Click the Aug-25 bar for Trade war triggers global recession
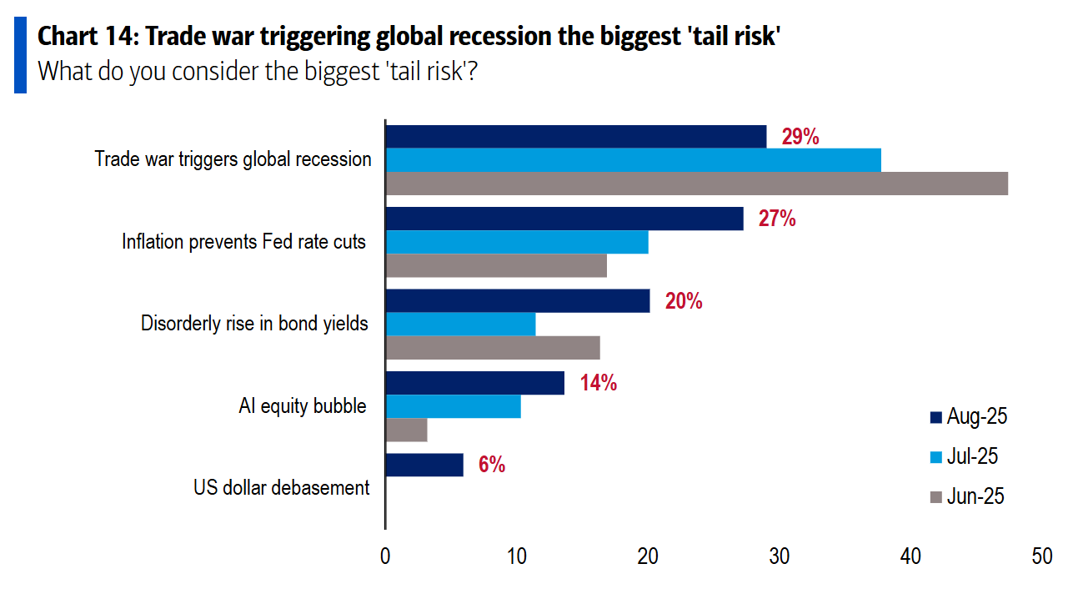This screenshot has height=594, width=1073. click(x=576, y=137)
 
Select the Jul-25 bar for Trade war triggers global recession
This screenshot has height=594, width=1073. click(x=634, y=159)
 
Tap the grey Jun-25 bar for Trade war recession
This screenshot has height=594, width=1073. click(x=697, y=183)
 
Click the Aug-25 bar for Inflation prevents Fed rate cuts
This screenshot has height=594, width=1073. click(x=564, y=219)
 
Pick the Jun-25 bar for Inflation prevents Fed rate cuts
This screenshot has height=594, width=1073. click(x=496, y=265)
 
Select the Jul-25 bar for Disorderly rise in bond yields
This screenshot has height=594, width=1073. click(x=460, y=324)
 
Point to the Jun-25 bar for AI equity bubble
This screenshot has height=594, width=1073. click(x=407, y=430)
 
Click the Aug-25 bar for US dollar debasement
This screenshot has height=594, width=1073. click(x=424, y=465)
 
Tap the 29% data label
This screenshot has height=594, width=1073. click(x=800, y=137)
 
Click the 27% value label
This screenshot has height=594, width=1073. click(x=776, y=219)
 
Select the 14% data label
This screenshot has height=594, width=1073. click(x=598, y=384)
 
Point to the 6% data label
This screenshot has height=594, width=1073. click(x=492, y=466)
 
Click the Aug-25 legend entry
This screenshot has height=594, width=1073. click(x=968, y=416)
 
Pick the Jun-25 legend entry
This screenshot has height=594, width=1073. click(x=966, y=496)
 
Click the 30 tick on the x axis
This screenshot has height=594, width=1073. click(x=780, y=556)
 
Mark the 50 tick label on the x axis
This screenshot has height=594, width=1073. click(x=1041, y=556)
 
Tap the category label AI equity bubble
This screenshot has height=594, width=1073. click(x=302, y=406)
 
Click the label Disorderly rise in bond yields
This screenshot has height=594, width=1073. click(x=254, y=324)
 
